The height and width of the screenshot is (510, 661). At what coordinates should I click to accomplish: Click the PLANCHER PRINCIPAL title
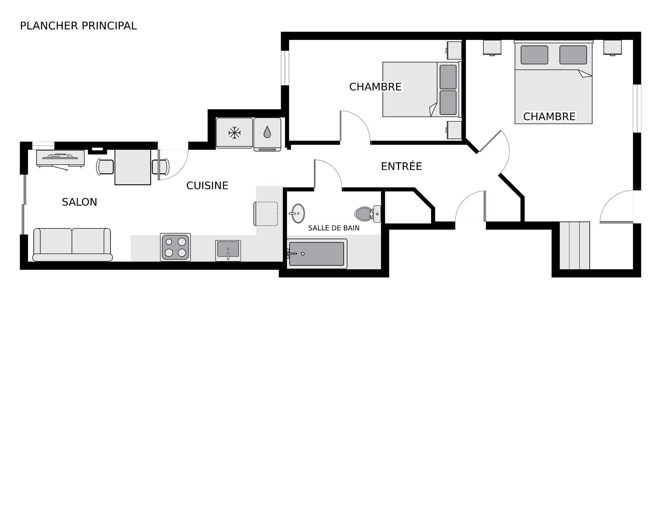click(x=78, y=26)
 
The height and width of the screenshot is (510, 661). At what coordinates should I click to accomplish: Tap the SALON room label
click(x=80, y=202)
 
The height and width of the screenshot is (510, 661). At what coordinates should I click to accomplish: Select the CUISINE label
click(x=207, y=186)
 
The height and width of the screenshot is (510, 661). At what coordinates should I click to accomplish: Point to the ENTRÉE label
click(x=401, y=166)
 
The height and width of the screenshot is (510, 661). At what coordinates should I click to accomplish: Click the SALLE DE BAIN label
click(x=334, y=228)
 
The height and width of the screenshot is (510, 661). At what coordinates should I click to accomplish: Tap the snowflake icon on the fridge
click(x=234, y=133)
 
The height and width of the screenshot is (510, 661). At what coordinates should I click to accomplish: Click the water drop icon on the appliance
click(x=267, y=132)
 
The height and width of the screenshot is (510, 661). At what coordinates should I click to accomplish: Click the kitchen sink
click(x=228, y=251)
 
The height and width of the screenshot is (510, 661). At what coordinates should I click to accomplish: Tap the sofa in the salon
click(x=72, y=245)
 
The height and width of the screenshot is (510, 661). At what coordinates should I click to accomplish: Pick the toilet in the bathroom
click(x=368, y=213)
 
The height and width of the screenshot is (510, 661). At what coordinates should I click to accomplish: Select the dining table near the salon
click(x=133, y=167)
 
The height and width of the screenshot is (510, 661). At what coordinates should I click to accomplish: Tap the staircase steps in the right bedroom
click(x=574, y=246)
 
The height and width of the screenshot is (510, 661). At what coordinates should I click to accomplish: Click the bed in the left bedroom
click(x=422, y=89)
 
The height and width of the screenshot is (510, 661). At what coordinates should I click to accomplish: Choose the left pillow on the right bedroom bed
click(x=534, y=55)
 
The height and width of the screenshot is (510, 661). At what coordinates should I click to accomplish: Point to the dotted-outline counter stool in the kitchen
click(x=266, y=214)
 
